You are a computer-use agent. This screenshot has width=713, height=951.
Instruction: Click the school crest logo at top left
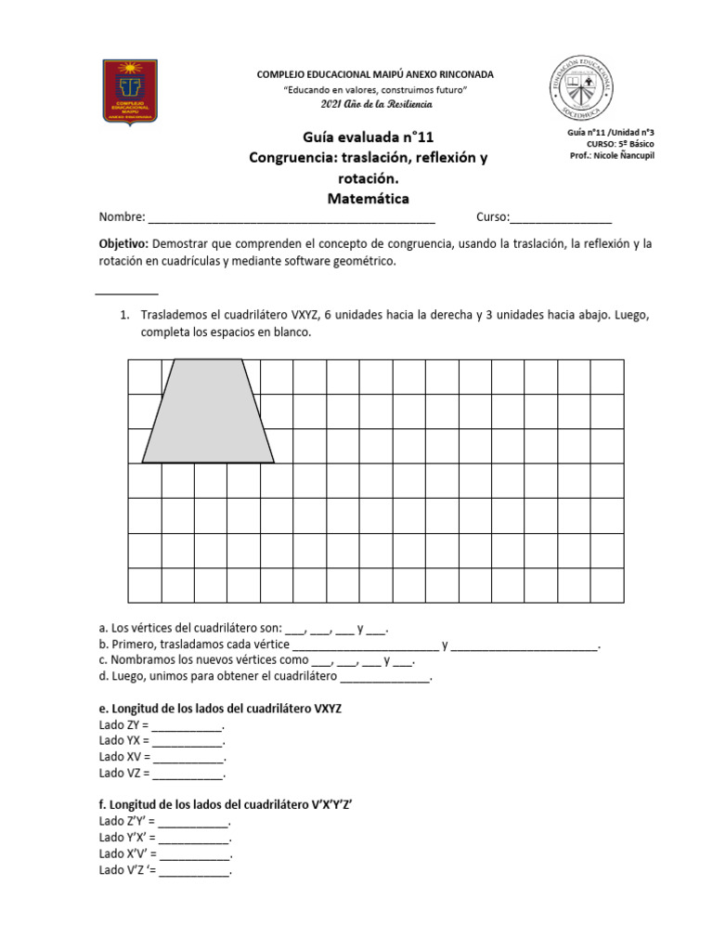click(x=130, y=91)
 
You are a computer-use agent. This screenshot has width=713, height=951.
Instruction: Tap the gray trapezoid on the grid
click(x=208, y=413)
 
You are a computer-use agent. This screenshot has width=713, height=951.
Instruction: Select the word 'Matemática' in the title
click(x=368, y=198)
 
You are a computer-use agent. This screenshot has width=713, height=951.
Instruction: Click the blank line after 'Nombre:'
click(x=291, y=219)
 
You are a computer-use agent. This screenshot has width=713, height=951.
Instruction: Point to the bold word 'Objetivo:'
click(x=123, y=243)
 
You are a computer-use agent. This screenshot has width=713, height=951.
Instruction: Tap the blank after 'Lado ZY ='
click(x=187, y=725)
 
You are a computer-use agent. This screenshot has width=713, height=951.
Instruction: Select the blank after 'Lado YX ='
click(x=187, y=741)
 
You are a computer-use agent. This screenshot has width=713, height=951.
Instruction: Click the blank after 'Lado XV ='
click(x=188, y=757)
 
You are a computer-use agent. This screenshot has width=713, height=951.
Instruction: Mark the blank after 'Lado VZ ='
click(x=187, y=773)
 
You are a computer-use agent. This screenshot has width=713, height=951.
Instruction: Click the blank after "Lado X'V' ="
click(x=194, y=854)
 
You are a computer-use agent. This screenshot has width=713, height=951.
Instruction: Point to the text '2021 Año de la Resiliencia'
click(x=374, y=103)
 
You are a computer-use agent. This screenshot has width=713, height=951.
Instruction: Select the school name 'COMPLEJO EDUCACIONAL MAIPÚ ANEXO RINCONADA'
click(x=375, y=73)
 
